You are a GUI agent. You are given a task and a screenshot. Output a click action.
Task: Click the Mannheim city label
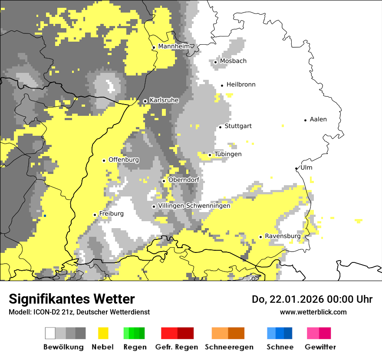[x=174, y=46]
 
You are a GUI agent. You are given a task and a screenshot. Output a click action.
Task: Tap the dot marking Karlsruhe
[x=145, y=101]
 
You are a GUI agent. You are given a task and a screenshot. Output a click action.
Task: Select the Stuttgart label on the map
[x=238, y=126]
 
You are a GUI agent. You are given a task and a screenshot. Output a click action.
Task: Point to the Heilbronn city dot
[x=222, y=85]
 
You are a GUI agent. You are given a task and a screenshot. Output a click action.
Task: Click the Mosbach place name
[x=233, y=61]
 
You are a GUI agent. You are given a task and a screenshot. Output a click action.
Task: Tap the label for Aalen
[x=318, y=119]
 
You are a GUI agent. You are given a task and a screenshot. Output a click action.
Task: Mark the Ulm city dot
[x=296, y=169]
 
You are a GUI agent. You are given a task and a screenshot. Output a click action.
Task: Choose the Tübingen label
[x=228, y=154]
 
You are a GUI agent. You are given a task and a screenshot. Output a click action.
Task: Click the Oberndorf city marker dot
[x=164, y=181]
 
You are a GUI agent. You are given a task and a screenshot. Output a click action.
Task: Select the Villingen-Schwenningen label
[x=194, y=206]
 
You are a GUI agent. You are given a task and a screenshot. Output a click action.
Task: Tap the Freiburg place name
[x=111, y=214]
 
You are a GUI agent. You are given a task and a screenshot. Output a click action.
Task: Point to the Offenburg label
[x=124, y=160]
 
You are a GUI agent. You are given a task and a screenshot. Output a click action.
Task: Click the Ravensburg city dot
[x=260, y=237]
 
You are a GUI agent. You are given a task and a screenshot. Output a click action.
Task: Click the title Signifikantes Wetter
[x=72, y=299]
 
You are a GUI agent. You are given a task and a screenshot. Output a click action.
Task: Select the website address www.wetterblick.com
[x=313, y=312]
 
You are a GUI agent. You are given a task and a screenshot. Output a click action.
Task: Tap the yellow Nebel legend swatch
[x=103, y=333]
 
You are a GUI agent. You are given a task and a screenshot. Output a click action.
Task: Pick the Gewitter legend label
[x=320, y=347]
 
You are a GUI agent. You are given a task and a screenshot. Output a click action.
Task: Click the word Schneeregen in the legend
[x=229, y=347]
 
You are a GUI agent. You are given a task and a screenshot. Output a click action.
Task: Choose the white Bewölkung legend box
[x=50, y=333]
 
